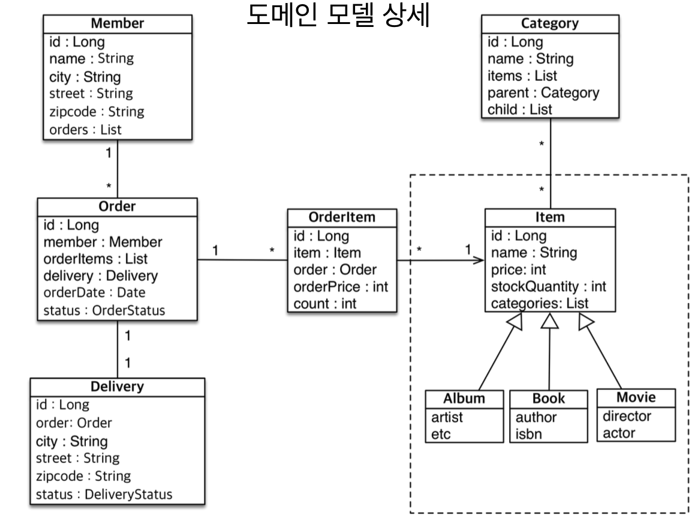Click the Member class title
[118, 23]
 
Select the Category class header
[550, 23]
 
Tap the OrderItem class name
[342, 217]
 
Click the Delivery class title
[117, 386]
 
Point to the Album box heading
[464, 398]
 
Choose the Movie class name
[636, 397]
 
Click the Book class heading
[549, 398]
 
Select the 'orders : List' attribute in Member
[85, 129]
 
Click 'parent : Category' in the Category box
[543, 92]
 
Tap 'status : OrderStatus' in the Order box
[104, 310]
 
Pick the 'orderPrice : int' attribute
[341, 286]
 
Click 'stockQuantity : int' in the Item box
[549, 286]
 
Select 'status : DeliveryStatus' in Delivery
[104, 494]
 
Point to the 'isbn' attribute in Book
[528, 434]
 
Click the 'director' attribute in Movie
[627, 416]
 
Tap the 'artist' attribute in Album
[447, 417]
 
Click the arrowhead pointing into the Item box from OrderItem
[479, 260]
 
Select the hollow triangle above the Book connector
[550, 321]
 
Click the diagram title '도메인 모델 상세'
[338, 15]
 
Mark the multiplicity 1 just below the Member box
[108, 153]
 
